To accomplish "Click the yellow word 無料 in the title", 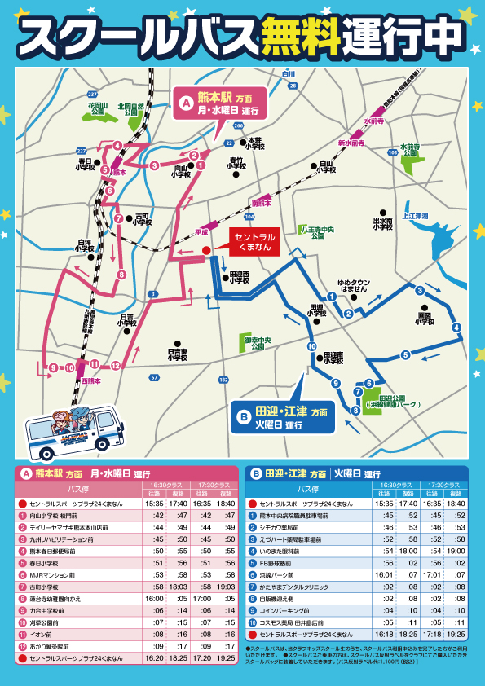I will click(299, 33).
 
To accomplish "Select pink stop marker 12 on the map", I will click(116, 365).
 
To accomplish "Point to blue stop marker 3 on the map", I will click(419, 291).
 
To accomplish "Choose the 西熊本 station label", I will click(91, 380).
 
